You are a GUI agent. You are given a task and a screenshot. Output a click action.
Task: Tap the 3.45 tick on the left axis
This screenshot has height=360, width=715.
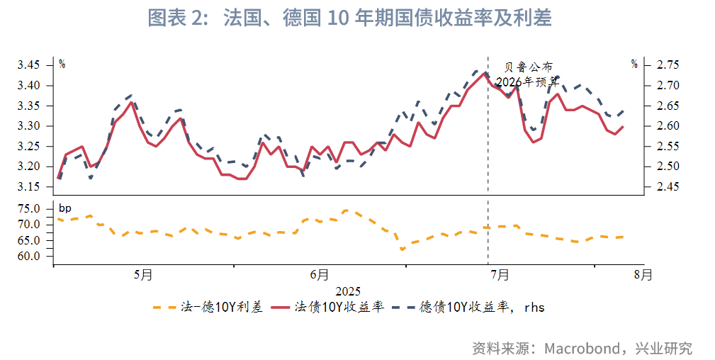point(32,65)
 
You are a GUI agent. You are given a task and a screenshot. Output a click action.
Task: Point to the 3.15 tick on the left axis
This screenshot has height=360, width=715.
point(32,187)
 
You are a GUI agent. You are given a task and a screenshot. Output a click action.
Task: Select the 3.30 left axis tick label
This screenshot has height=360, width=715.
point(32,126)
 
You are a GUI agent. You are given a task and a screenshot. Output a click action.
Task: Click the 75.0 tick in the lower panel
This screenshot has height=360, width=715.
point(33,209)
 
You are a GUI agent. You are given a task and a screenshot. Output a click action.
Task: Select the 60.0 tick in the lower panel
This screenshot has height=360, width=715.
point(33,256)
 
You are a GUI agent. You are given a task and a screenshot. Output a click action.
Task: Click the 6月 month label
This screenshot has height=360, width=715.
point(320,275)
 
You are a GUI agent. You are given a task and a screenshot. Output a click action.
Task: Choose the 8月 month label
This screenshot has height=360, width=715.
point(643,275)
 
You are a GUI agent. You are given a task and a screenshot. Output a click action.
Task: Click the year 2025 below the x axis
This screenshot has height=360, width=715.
point(348,291)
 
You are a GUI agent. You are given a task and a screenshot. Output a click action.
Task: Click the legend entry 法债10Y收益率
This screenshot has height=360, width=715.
point(339,307)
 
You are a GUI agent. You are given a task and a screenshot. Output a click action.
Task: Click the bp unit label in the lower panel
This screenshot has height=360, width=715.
point(65,208)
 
